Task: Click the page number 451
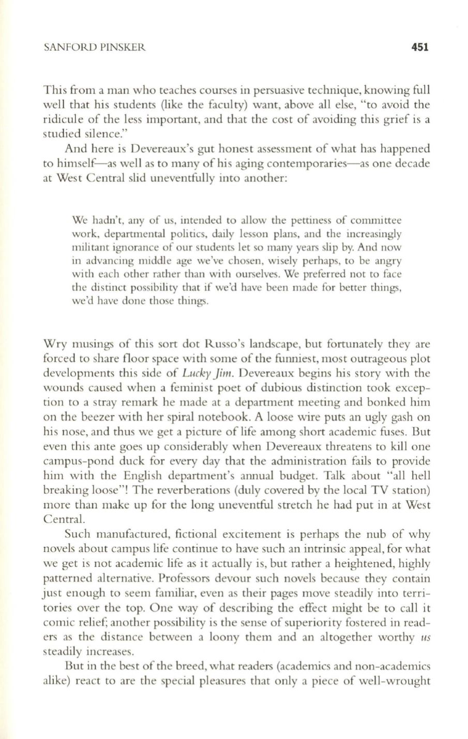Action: (420, 48)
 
